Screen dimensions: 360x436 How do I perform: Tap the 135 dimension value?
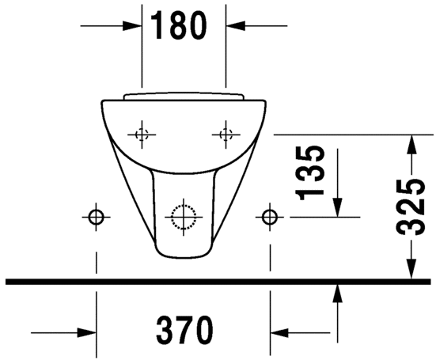click(x=312, y=171)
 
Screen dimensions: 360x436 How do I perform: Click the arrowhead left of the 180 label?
click(x=135, y=25)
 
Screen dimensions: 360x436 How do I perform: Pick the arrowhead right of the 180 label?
click(x=234, y=25)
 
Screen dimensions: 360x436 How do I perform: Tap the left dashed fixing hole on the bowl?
click(x=142, y=134)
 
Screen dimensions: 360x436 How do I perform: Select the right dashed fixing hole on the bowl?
click(x=226, y=134)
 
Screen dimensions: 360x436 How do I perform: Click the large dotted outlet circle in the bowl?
click(x=184, y=215)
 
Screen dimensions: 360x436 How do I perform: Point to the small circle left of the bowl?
click(x=97, y=215)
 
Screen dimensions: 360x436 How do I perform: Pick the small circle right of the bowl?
click(x=271, y=215)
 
